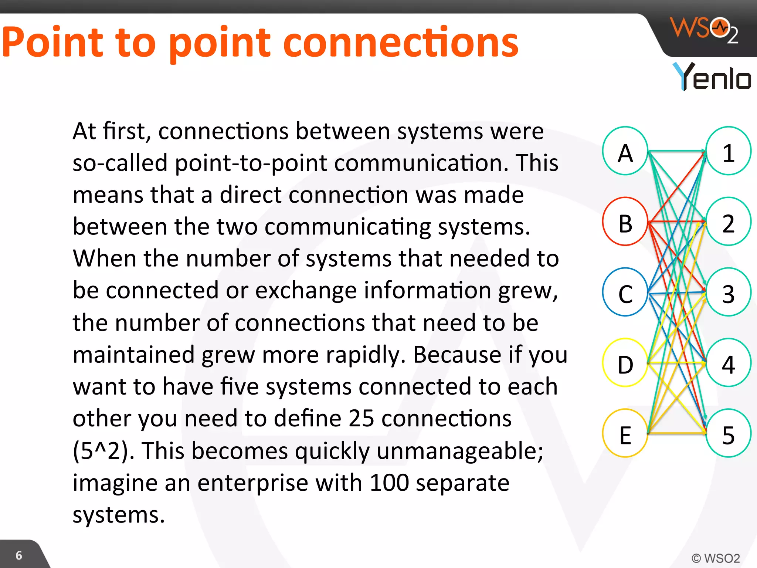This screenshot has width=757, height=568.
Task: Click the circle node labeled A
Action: coord(625,151)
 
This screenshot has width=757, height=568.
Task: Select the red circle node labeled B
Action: coord(625,222)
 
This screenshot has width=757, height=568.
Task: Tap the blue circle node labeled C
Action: coord(625,292)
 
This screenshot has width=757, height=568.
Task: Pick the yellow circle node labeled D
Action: coord(625,363)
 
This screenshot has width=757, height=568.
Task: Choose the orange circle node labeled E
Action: coord(625,433)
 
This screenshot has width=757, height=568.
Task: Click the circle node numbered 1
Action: coord(729,151)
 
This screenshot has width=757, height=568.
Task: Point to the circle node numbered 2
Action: coord(729,222)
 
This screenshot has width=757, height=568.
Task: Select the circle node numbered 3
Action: coord(729,292)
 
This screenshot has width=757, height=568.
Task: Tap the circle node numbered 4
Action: coord(729,363)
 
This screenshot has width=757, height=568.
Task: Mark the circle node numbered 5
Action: coord(729,433)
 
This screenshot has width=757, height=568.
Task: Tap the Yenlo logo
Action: coord(712,77)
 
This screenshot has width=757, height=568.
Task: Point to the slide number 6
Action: coord(19,555)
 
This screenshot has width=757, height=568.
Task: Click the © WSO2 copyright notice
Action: coord(716,558)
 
